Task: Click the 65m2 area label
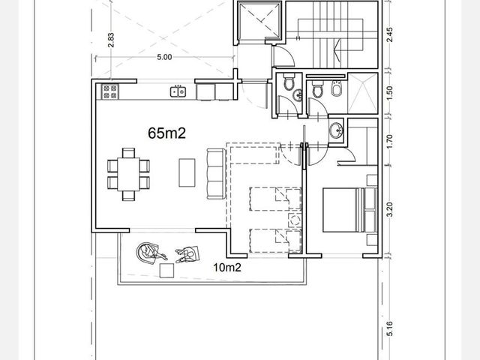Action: [166, 133]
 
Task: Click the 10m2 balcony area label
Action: [227, 268]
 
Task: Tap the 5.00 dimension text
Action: [164, 57]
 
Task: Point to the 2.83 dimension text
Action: [111, 40]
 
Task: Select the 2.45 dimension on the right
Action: [389, 35]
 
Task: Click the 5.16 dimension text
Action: [389, 328]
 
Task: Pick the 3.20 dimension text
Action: [389, 209]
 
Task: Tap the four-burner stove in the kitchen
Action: [110, 91]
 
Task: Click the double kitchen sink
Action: [178, 91]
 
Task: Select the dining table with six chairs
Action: [128, 175]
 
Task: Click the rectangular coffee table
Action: [187, 172]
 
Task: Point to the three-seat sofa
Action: [217, 174]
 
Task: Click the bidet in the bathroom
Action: [337, 88]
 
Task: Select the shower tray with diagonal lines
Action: [363, 93]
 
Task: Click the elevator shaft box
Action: [259, 20]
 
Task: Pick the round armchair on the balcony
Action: [147, 252]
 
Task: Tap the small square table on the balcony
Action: [166, 271]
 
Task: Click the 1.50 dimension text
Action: [389, 93]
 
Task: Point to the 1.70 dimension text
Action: [389, 142]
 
